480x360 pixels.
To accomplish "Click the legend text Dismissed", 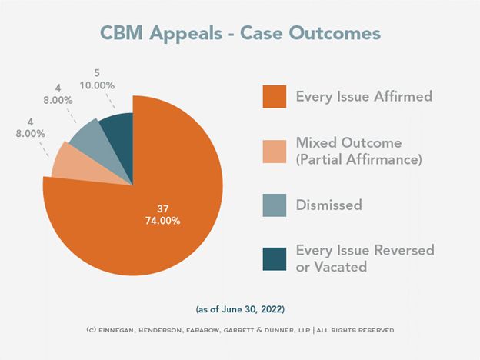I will pyautogui.click(x=328, y=205).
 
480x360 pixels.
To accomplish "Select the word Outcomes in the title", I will pyautogui.click(x=335, y=35).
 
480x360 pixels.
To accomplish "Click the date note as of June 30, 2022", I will pyautogui.click(x=239, y=309).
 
